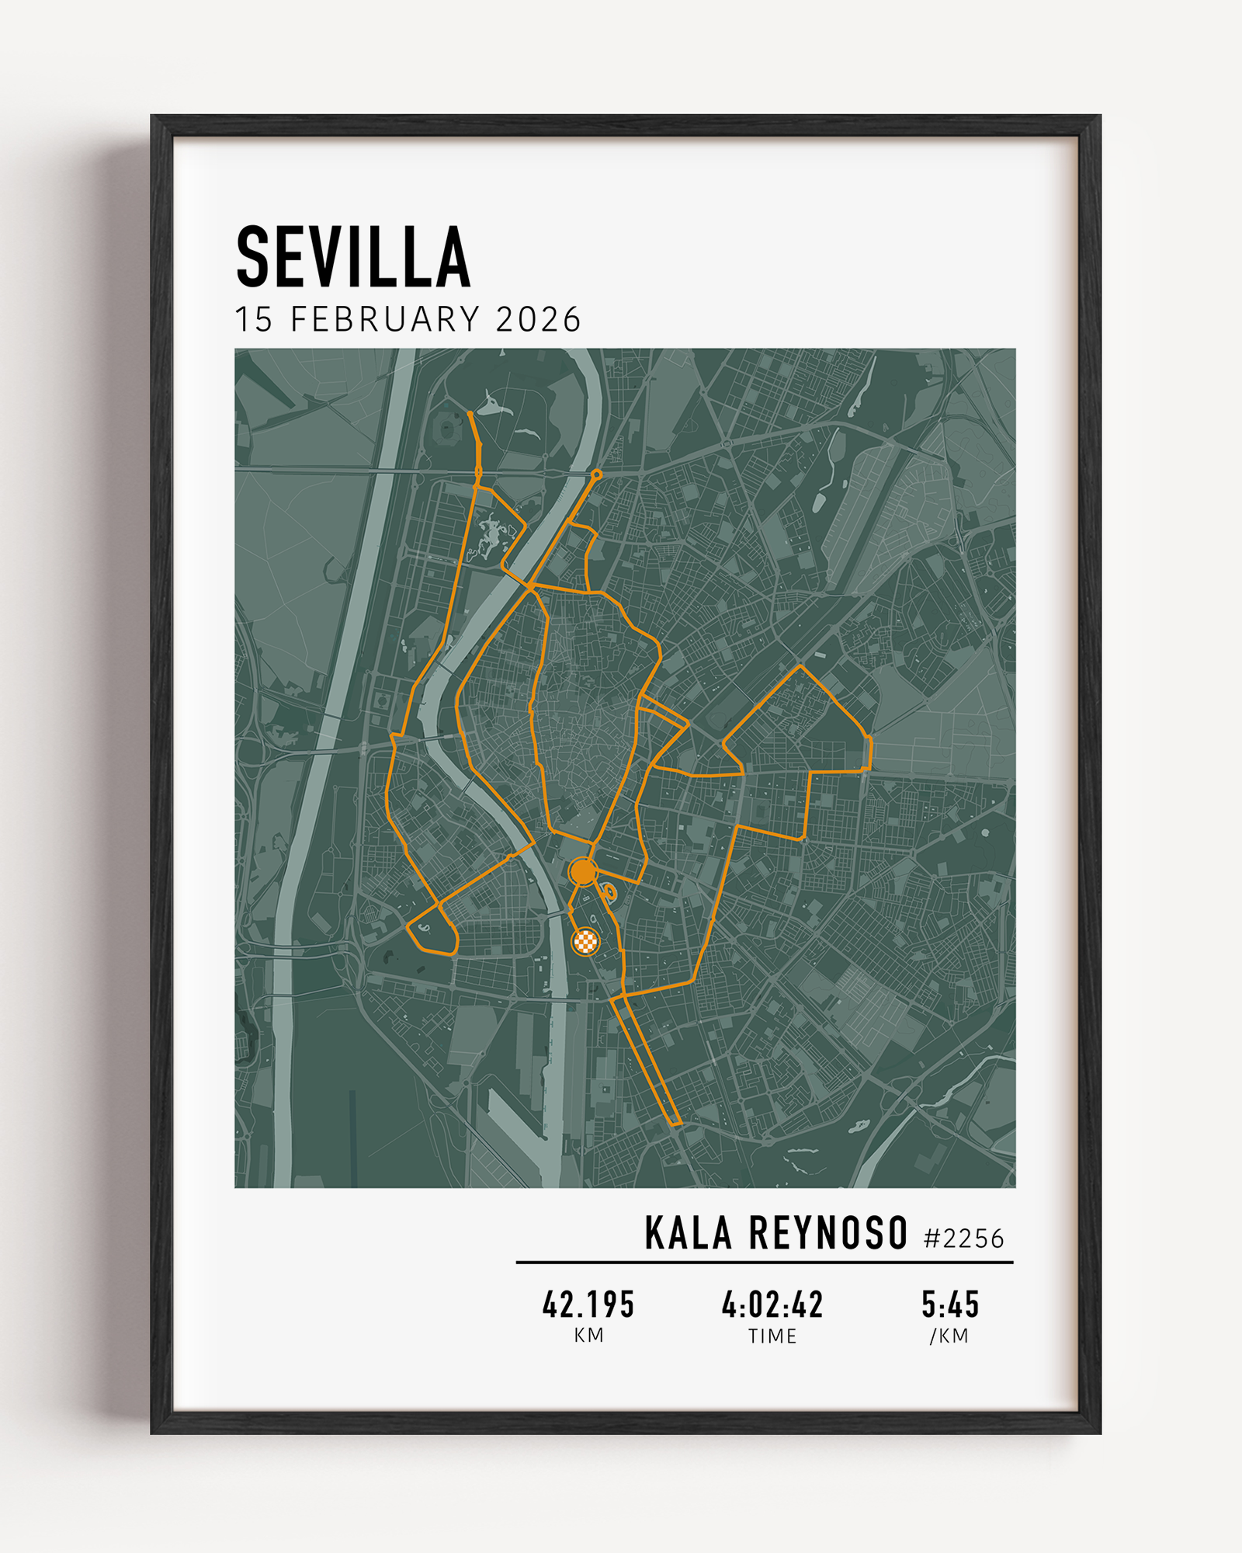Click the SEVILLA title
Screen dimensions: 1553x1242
click(x=353, y=257)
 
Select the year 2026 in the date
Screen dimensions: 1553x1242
click(x=538, y=320)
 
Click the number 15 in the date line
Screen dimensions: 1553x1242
click(x=254, y=320)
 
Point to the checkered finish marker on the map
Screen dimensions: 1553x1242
click(x=585, y=942)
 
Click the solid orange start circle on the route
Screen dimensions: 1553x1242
click(x=582, y=872)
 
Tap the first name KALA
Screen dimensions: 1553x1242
click(x=688, y=1234)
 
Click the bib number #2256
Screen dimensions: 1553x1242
click(x=964, y=1239)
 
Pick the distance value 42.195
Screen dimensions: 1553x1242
click(x=588, y=1305)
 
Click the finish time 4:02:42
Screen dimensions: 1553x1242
click(x=772, y=1305)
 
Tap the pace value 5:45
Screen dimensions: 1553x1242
click(x=950, y=1305)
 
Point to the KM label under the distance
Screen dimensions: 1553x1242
click(x=588, y=1336)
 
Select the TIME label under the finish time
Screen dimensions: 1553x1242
click(x=772, y=1336)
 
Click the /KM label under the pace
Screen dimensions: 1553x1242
click(x=949, y=1336)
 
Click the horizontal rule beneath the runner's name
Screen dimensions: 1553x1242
click(x=765, y=1263)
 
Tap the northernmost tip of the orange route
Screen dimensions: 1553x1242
click(x=470, y=413)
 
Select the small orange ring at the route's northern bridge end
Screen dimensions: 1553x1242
click(x=596, y=474)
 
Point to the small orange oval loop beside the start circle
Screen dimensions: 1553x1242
click(x=610, y=891)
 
